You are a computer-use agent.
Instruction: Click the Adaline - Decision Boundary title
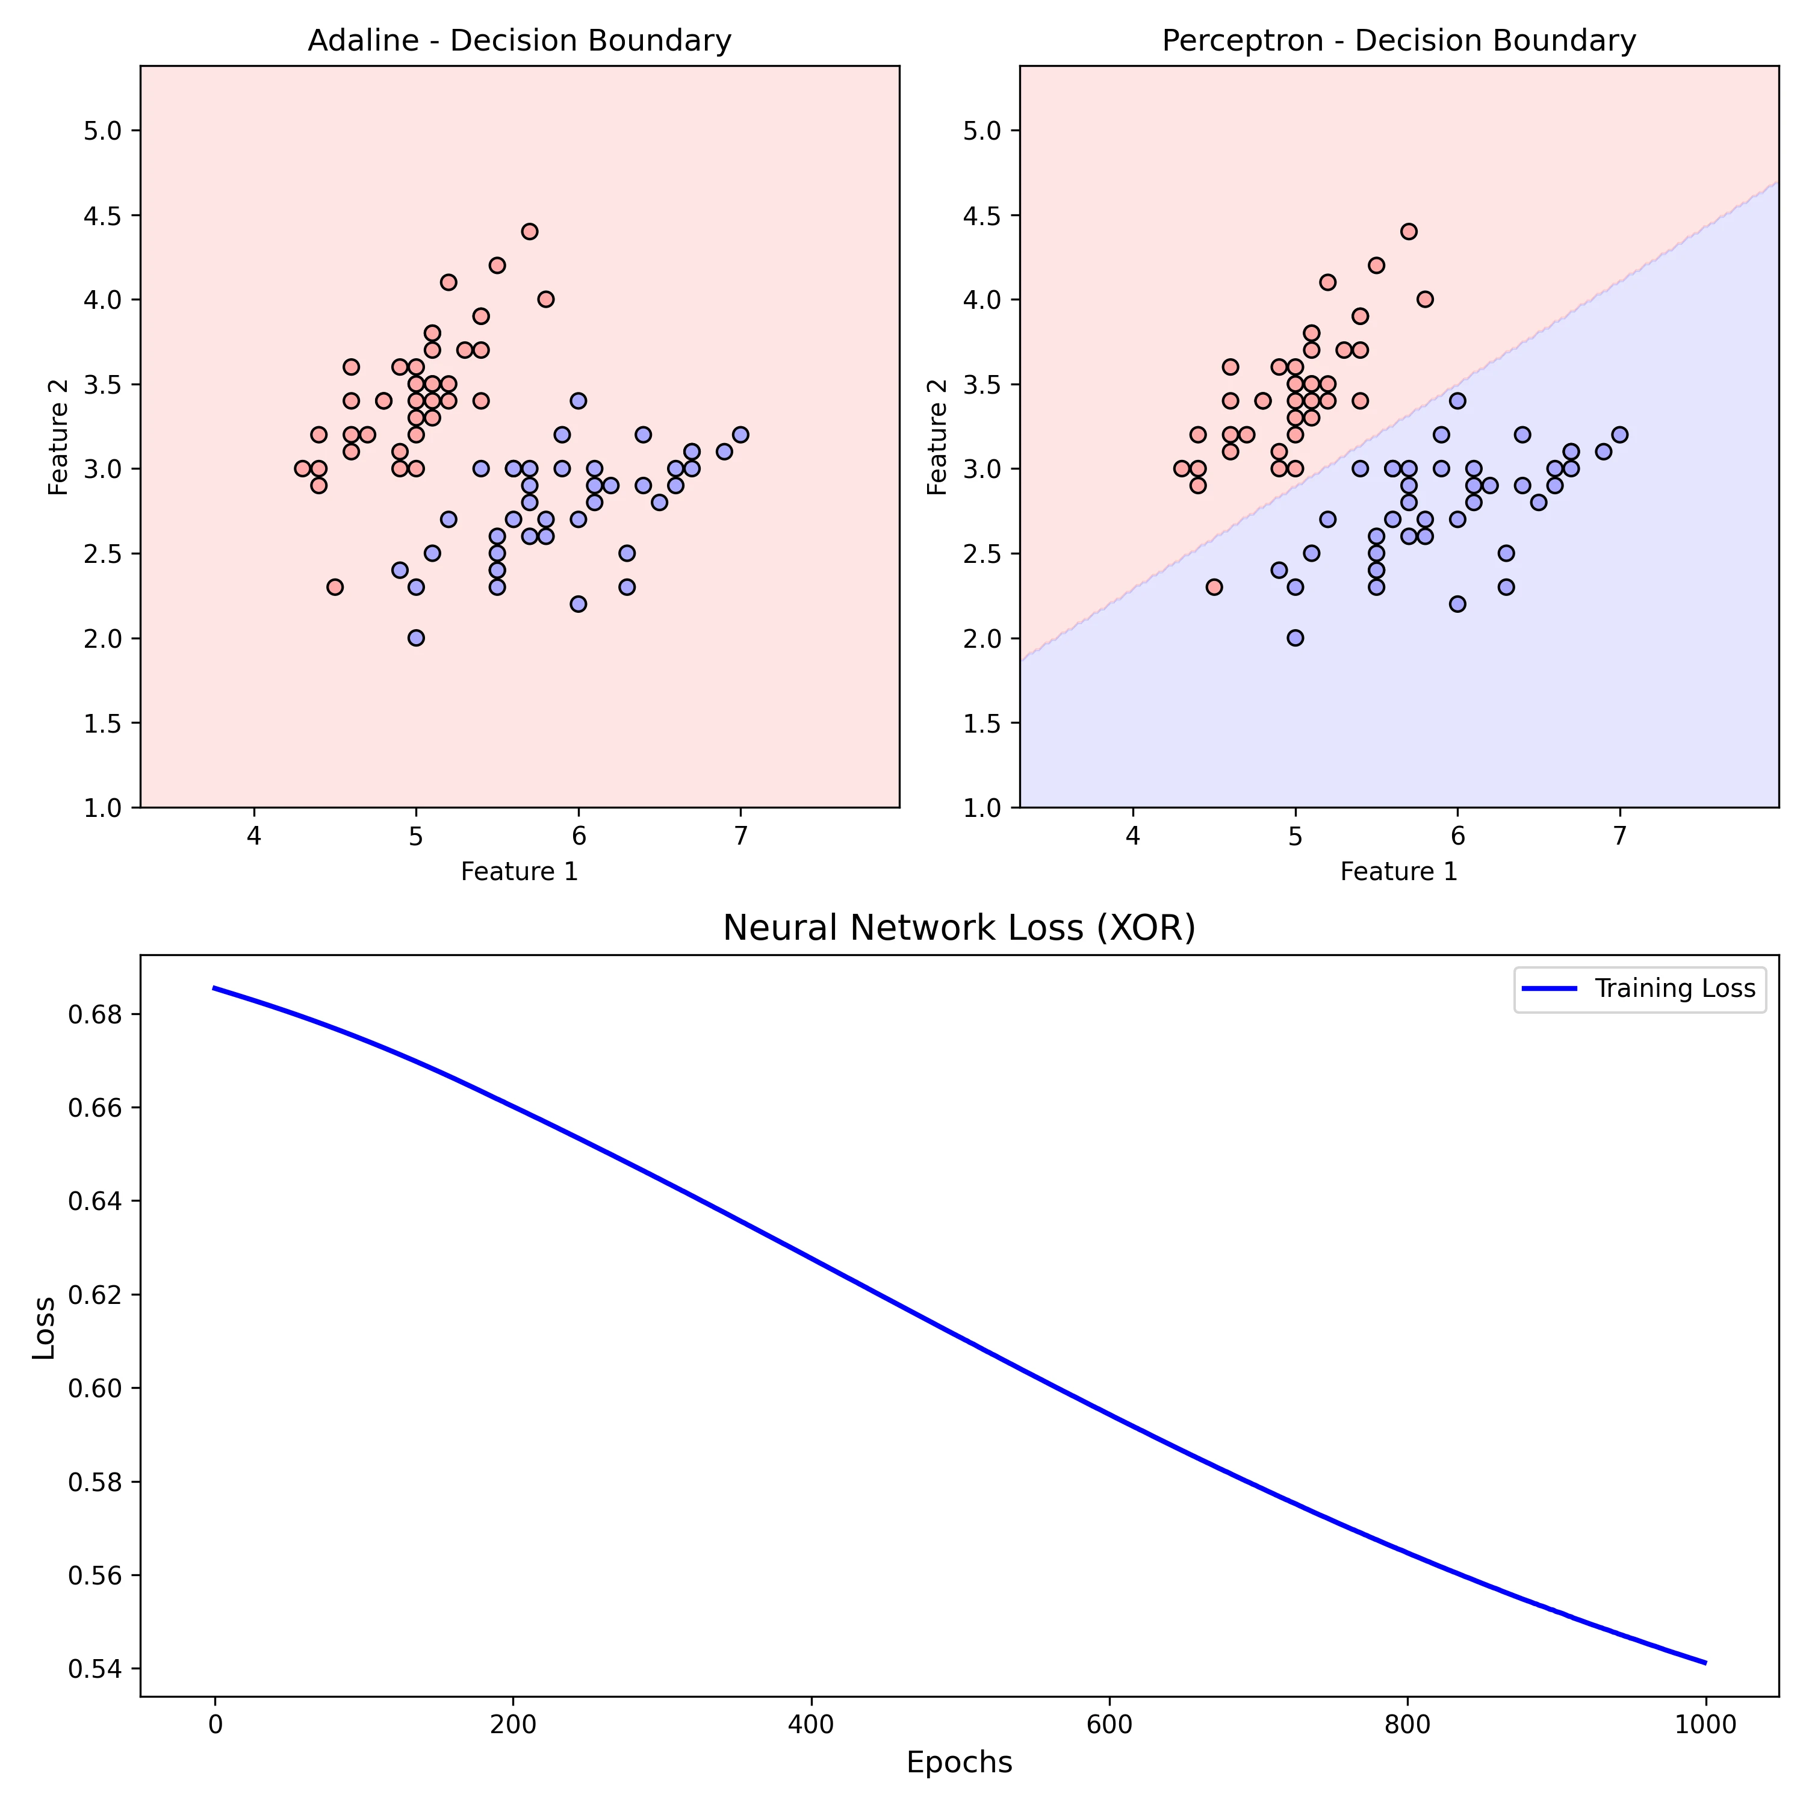click(519, 41)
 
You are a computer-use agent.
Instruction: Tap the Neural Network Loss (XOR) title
click(959, 928)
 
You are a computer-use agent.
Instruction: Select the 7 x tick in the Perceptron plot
click(1620, 835)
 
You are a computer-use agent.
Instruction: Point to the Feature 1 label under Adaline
click(519, 872)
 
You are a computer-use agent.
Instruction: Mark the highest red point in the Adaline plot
click(530, 232)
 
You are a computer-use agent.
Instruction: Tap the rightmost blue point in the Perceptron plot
click(1620, 435)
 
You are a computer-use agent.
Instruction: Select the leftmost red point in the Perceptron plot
click(1182, 468)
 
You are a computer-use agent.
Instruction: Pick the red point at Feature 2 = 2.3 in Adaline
click(335, 587)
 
